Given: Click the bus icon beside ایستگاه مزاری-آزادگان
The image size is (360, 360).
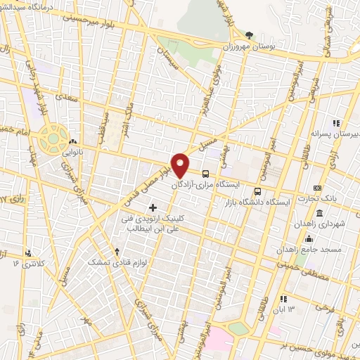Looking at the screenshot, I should click(205, 173).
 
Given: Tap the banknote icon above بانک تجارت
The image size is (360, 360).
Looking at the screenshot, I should click(318, 188).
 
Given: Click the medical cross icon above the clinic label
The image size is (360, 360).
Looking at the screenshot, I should click(153, 207).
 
